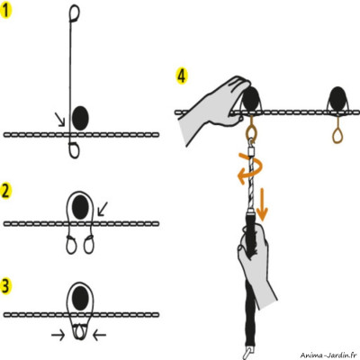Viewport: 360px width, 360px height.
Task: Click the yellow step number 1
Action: click(6, 11)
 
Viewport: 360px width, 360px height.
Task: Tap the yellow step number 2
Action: click(6, 191)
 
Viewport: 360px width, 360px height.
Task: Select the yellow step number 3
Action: click(6, 286)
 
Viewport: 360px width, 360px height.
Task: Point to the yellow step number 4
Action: click(181, 76)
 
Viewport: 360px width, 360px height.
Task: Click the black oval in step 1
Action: click(80, 118)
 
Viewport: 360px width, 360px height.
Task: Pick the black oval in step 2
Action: click(80, 207)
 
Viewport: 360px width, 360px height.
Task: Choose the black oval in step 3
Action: click(80, 298)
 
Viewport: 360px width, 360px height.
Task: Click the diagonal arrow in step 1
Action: click(59, 119)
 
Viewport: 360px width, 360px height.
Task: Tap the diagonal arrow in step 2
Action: click(103, 209)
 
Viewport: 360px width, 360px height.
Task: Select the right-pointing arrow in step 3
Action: click(58, 336)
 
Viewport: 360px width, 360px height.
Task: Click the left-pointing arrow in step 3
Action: click(99, 336)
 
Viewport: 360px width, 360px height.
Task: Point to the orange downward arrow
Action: click(262, 204)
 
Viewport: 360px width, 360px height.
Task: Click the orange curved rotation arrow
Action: click(249, 168)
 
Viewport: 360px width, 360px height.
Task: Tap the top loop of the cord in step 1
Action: click(75, 13)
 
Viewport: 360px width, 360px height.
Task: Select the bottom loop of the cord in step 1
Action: click(74, 150)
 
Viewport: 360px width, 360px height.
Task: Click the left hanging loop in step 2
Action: click(71, 245)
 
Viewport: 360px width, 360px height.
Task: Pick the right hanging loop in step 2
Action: click(89, 245)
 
